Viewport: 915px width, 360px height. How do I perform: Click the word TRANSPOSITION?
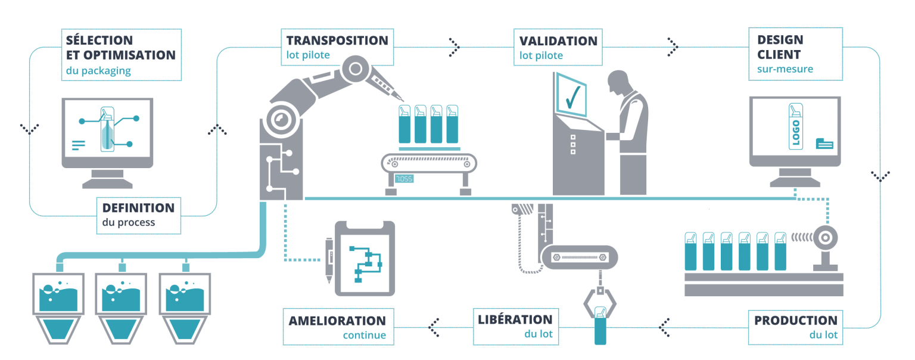[x=337, y=41]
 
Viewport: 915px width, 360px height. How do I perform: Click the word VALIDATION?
[x=558, y=41]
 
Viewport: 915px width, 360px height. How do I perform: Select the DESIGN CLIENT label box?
[x=795, y=54]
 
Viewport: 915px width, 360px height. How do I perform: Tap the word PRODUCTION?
[x=795, y=320]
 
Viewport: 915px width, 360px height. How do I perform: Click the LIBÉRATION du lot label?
[x=516, y=326]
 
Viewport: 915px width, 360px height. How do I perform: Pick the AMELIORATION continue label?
[x=338, y=327]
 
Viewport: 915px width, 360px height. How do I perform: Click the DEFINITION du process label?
[x=138, y=215]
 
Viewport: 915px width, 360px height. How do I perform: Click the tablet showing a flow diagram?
[x=365, y=259]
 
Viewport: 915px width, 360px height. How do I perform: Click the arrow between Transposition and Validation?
[x=454, y=45]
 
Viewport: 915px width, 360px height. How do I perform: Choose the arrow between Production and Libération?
[x=665, y=327]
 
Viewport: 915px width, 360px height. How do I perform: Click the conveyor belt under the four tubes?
[x=429, y=162]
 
